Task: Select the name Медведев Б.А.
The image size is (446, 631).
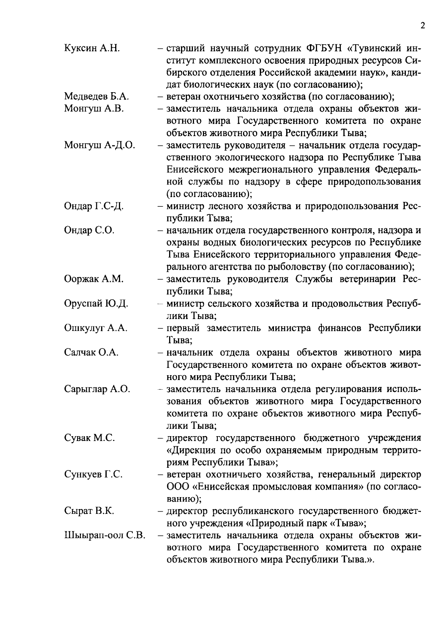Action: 97,97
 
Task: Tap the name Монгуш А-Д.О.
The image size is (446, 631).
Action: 100,145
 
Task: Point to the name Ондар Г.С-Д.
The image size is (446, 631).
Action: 94,206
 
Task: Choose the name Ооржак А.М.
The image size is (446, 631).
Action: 94,279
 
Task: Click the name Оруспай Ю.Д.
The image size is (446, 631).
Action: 96,304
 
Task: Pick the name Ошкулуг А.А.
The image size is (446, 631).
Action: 96,328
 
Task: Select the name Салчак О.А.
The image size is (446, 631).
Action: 91,352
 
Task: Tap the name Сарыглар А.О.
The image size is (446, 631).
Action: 97,389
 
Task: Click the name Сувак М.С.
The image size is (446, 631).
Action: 90,438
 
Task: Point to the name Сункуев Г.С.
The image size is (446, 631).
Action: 93,474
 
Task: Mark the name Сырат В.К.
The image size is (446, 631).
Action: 89,511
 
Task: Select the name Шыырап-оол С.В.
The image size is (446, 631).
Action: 104,535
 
